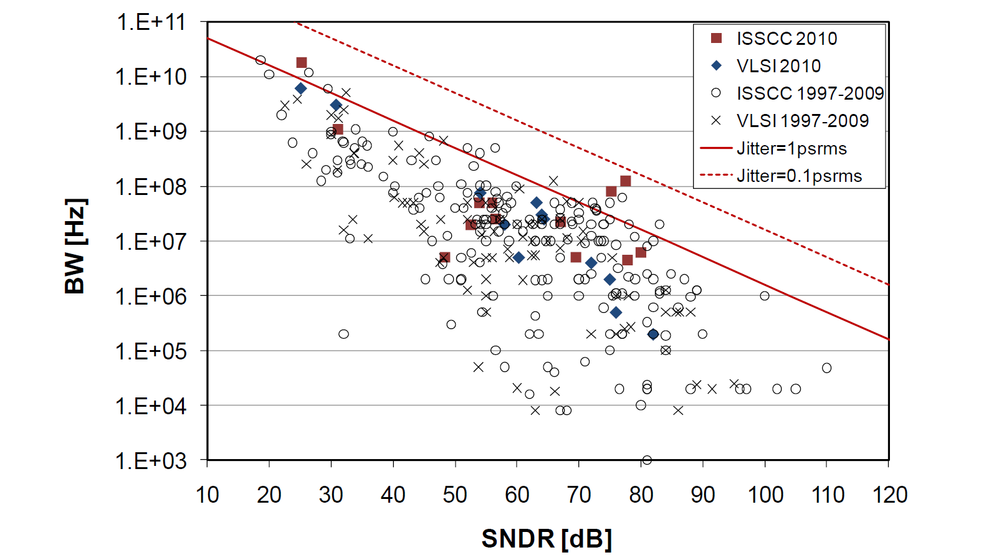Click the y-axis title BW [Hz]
[x=75, y=245]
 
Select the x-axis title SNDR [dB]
[x=547, y=539]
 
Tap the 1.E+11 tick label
[x=151, y=22]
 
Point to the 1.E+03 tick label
[x=151, y=461]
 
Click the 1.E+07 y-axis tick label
[x=151, y=242]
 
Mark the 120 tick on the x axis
[x=889, y=495]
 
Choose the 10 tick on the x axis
[x=208, y=495]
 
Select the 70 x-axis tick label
[x=579, y=495]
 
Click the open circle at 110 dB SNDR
[x=826, y=368]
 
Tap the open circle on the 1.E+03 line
[x=647, y=460]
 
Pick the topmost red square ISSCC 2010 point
[x=302, y=62]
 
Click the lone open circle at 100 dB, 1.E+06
[x=765, y=296]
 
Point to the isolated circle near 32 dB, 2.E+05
[x=343, y=334]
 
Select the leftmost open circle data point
[x=261, y=60]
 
